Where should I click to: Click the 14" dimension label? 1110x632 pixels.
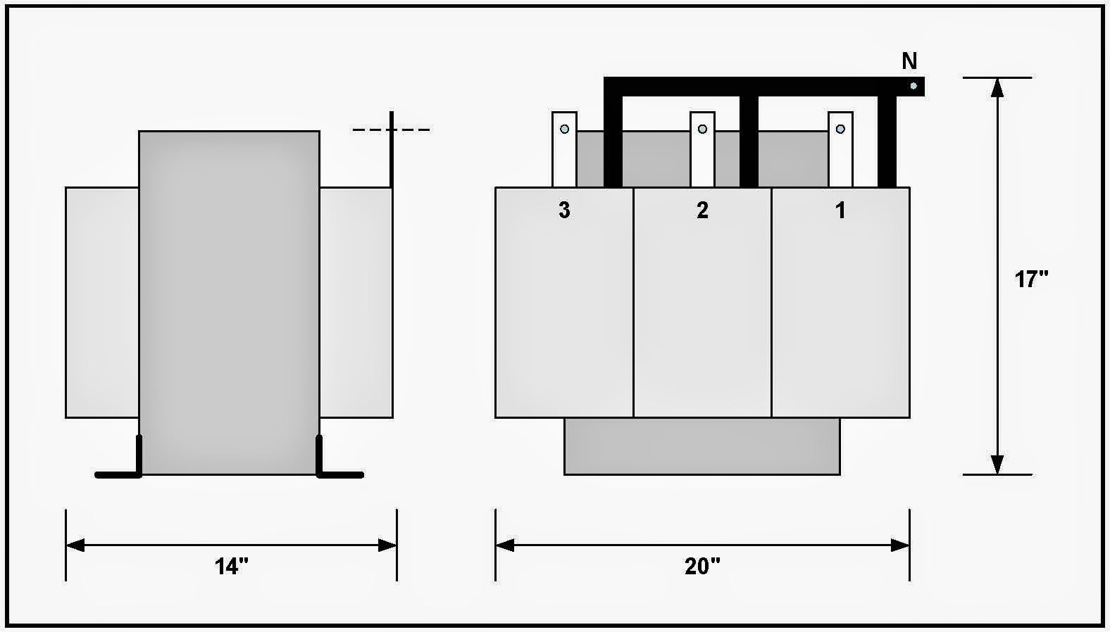click(x=232, y=566)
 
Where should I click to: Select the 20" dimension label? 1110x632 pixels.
click(x=702, y=566)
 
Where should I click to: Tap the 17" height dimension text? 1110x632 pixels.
click(x=1031, y=279)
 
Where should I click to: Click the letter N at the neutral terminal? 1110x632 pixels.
click(x=909, y=62)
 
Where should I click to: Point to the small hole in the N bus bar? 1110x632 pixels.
click(x=913, y=86)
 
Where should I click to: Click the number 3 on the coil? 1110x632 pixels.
click(x=564, y=210)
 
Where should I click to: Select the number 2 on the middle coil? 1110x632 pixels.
click(x=702, y=210)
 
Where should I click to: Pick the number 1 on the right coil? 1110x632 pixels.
click(x=840, y=210)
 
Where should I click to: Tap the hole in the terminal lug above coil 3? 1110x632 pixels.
click(x=564, y=129)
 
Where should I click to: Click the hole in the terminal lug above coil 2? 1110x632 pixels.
click(x=702, y=129)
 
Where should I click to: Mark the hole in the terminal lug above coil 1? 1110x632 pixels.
click(x=840, y=129)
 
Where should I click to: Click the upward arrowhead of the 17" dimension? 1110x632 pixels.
click(x=997, y=87)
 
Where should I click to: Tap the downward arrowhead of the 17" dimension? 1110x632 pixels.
click(x=997, y=464)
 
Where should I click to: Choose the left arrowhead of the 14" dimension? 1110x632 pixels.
click(x=75, y=545)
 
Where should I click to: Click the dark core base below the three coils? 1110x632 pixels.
click(x=702, y=446)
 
